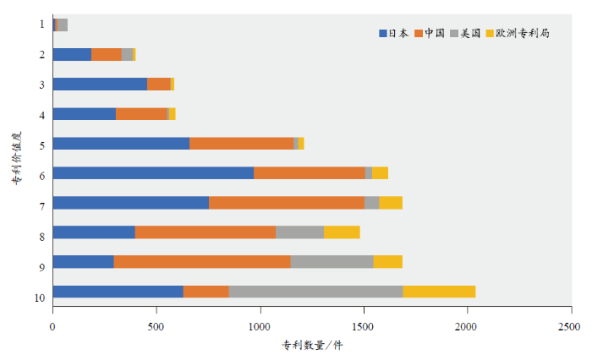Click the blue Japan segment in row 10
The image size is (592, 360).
click(x=118, y=292)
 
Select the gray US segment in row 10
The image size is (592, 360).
click(x=315, y=292)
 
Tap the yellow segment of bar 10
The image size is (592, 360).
click(x=439, y=292)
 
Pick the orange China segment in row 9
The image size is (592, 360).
click(x=202, y=262)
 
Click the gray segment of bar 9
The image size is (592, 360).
click(x=332, y=262)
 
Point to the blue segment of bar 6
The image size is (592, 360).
click(x=153, y=173)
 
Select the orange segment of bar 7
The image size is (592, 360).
click(x=287, y=203)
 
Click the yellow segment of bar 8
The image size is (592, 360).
click(x=342, y=232)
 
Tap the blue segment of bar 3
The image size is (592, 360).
click(x=100, y=85)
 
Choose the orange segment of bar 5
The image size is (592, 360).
click(x=241, y=144)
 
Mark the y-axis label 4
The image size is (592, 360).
click(x=41, y=114)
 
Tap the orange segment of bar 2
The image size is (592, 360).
click(x=107, y=55)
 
